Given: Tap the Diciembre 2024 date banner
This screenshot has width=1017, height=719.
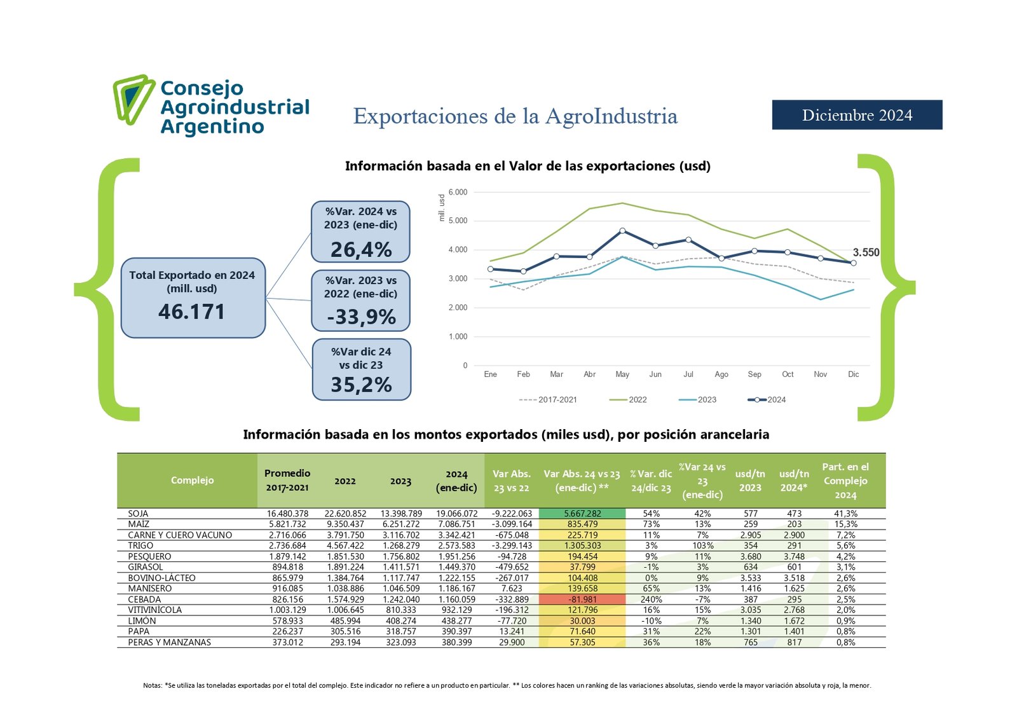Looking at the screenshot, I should click(x=857, y=115).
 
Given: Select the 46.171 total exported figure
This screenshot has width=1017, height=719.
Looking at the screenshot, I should click(x=191, y=312).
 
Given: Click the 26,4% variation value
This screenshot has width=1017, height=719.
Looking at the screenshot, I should click(x=361, y=249).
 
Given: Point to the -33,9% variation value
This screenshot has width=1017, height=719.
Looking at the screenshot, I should click(x=361, y=317).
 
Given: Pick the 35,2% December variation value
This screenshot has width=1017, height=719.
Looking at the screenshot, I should click(x=361, y=385).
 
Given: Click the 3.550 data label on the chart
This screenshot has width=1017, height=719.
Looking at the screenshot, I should click(x=866, y=252).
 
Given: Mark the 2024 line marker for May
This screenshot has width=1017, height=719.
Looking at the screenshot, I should click(x=622, y=231).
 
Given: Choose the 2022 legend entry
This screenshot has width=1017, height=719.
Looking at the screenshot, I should click(x=629, y=400).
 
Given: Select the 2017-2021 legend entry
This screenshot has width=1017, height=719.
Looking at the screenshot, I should click(x=549, y=400).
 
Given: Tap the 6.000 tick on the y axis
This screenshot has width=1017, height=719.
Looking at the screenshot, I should click(x=458, y=192).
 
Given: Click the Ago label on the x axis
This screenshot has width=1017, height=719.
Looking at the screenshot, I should click(x=721, y=374).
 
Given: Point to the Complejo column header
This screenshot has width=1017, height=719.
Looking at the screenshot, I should click(x=192, y=480).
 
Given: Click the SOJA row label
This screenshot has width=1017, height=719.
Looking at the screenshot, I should click(x=138, y=514).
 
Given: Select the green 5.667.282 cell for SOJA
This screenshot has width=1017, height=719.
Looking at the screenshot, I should click(x=582, y=514).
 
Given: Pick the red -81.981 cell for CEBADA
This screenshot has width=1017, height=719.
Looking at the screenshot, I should click(x=582, y=599).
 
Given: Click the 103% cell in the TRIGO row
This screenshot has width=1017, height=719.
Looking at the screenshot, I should click(x=702, y=545).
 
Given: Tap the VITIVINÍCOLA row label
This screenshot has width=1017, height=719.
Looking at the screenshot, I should click(x=154, y=610).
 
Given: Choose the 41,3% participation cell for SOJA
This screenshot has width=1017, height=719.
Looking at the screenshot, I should click(x=845, y=514).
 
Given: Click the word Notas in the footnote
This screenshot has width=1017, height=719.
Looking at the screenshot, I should click(x=153, y=685).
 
